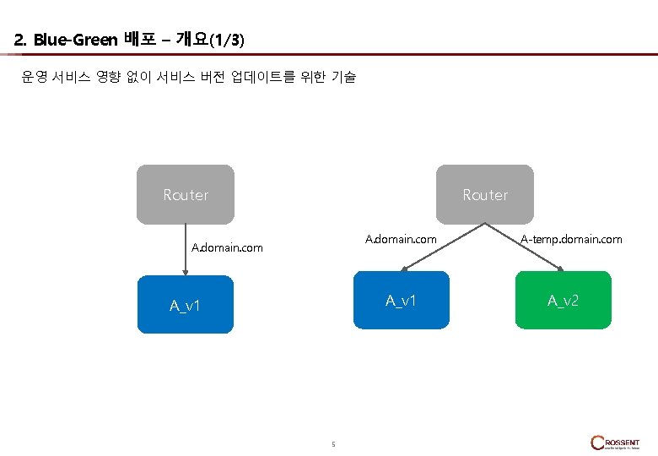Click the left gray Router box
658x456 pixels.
pyautogui.click(x=186, y=194)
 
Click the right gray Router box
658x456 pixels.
pyautogui.click(x=485, y=194)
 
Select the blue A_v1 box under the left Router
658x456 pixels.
pyautogui.click(x=185, y=305)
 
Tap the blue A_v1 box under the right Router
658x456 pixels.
pyautogui.click(x=401, y=300)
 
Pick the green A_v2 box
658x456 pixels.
pyautogui.click(x=563, y=300)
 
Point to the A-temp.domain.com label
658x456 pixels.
pyautogui.click(x=571, y=240)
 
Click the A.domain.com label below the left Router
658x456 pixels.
pyautogui.click(x=227, y=248)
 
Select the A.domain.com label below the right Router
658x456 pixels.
pyautogui.click(x=401, y=240)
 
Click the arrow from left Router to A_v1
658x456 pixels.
pyautogui.click(x=186, y=250)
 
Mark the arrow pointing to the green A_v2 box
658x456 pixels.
pyautogui.click(x=525, y=247)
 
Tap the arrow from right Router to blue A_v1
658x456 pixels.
pyautogui.click(x=443, y=247)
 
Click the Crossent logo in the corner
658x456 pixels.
pyautogui.click(x=615, y=442)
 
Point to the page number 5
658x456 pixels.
pyautogui.click(x=333, y=444)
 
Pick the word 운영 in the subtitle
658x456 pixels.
pyautogui.click(x=33, y=78)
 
